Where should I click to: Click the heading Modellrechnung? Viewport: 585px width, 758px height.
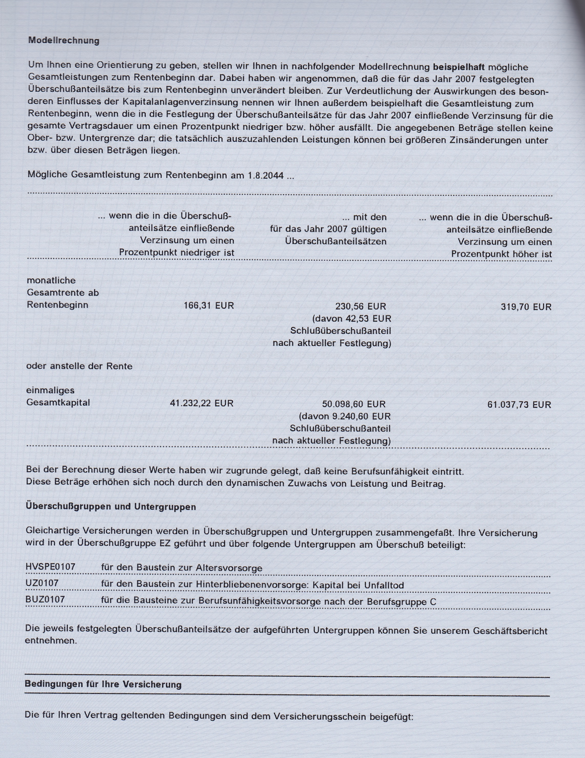point(64,41)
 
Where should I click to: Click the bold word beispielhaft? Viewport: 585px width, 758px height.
point(459,67)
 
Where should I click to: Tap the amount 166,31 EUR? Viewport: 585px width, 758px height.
point(209,306)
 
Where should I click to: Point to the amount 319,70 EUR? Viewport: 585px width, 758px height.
point(526,307)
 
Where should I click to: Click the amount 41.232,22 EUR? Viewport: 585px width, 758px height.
point(201,403)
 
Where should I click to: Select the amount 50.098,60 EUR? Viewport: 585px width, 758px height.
point(354,404)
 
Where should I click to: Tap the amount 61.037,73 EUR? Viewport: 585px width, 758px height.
point(519,405)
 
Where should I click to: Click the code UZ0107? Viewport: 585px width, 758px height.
point(42,583)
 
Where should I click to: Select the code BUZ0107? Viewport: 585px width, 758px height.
point(45,599)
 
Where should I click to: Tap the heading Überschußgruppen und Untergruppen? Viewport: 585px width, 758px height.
point(111,507)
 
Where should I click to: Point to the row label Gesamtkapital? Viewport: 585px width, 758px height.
point(58,403)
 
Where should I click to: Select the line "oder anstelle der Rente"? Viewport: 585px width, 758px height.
point(79,366)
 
